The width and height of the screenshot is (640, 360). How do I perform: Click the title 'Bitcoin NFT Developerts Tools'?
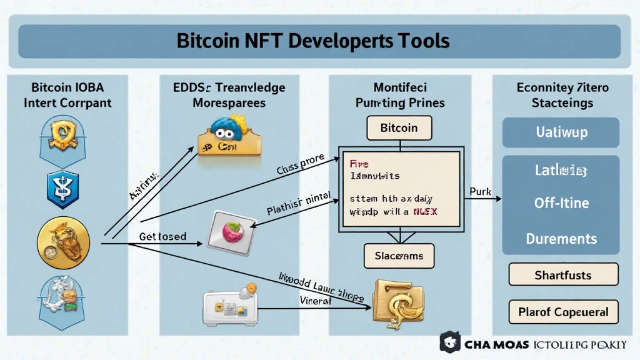312,41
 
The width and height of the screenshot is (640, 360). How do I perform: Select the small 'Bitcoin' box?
399,128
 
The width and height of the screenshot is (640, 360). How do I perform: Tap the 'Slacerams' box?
399,256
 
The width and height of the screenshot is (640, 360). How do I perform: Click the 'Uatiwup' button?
561,133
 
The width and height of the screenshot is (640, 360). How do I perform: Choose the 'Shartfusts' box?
563,274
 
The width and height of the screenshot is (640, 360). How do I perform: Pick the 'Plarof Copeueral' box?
563,312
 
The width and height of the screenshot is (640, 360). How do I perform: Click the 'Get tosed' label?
162,236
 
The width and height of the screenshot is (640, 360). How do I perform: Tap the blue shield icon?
63,190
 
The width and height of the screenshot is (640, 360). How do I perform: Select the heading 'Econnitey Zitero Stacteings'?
562,94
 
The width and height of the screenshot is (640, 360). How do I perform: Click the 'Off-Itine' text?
561,203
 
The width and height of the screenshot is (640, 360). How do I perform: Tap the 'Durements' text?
561,238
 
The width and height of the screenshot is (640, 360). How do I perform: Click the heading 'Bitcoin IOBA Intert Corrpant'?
67,94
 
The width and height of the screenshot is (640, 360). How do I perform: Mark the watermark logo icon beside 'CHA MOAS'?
450,343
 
